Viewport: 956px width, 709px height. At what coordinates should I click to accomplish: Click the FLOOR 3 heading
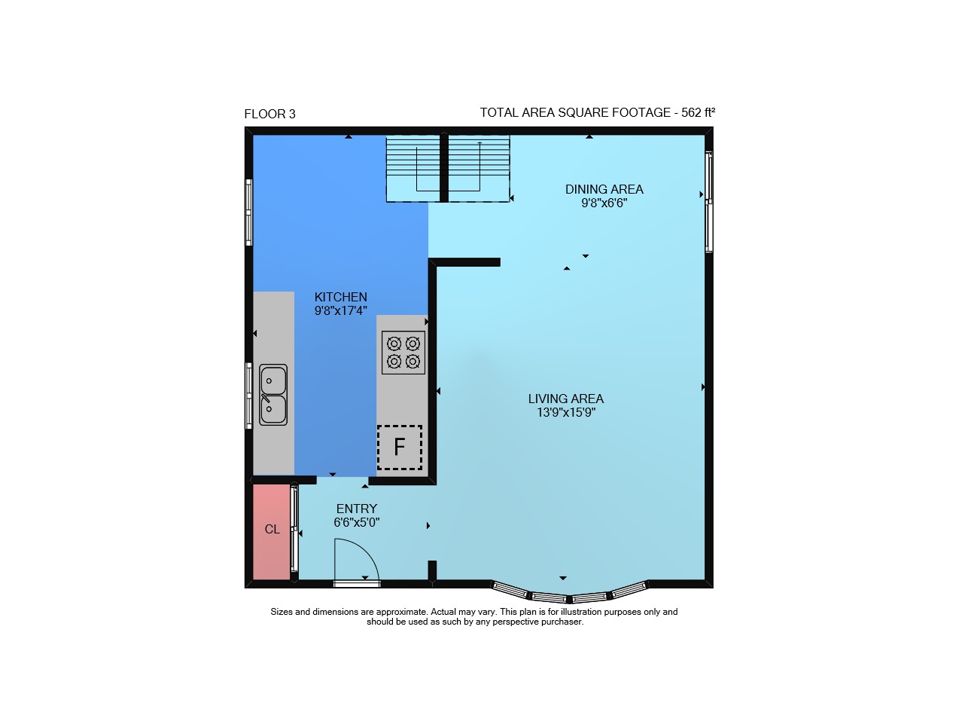tap(269, 114)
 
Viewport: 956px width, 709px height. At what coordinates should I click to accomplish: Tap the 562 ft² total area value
tap(698, 112)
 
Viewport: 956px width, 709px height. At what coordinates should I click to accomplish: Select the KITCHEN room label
tap(340, 297)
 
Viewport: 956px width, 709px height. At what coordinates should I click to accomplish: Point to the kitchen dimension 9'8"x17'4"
tap(340, 310)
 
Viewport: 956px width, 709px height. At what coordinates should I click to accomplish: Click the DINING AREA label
tap(604, 189)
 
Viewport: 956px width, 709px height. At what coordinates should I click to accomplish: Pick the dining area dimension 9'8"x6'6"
tap(604, 203)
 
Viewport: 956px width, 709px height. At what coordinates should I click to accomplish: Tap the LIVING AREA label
tap(565, 399)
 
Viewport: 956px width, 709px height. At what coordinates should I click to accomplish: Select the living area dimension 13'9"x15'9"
tap(565, 413)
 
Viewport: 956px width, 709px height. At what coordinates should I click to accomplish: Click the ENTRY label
tap(357, 509)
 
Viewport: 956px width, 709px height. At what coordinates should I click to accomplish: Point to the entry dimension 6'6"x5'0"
tap(357, 522)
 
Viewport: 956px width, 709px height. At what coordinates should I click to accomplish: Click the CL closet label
tap(272, 529)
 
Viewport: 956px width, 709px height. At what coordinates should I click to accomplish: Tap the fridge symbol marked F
tap(400, 447)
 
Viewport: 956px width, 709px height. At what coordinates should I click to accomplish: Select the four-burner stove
tap(403, 352)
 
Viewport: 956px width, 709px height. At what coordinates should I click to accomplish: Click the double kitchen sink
tap(272, 394)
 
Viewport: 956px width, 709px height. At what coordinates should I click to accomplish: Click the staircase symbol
tap(447, 169)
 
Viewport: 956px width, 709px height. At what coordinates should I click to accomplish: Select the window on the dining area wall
tap(708, 201)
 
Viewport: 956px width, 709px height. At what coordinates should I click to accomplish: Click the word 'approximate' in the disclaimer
tap(401, 612)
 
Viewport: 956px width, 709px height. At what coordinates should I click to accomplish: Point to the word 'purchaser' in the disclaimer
tap(562, 622)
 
